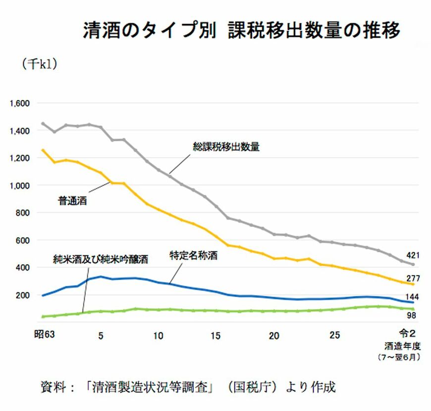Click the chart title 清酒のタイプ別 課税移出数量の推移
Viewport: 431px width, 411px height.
[x=241, y=30]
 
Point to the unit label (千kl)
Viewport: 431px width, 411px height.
[x=39, y=64]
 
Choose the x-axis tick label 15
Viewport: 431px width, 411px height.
[x=215, y=336]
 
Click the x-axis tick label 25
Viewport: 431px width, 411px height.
[x=335, y=336]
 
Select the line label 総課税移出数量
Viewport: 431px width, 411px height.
[x=226, y=147]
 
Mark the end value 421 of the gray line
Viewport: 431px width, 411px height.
[x=413, y=256]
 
